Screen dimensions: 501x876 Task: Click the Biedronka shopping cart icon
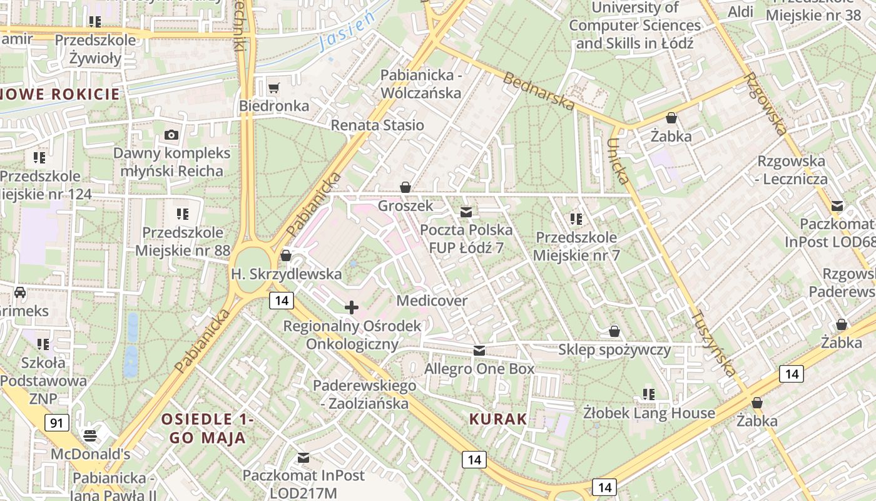pyautogui.click(x=273, y=87)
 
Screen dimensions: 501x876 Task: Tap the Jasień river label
pyautogui.click(x=346, y=32)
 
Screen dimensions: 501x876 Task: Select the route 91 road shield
pyautogui.click(x=56, y=423)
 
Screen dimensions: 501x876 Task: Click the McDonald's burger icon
pyautogui.click(x=91, y=435)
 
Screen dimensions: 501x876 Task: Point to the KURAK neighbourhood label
pyautogui.click(x=499, y=419)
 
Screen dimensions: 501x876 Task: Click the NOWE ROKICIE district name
pyautogui.click(x=59, y=95)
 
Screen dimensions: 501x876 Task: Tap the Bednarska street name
pyautogui.click(x=538, y=91)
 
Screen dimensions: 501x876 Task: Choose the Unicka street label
pyautogui.click(x=618, y=161)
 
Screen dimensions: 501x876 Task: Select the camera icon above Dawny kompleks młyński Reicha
pyautogui.click(x=171, y=135)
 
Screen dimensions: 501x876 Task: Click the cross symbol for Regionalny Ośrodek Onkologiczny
pyautogui.click(x=352, y=307)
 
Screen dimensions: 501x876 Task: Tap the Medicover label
pyautogui.click(x=432, y=301)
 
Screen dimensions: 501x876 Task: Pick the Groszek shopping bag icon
pyautogui.click(x=405, y=187)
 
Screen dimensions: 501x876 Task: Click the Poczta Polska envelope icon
pyautogui.click(x=466, y=212)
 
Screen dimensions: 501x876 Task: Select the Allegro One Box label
pyautogui.click(x=479, y=368)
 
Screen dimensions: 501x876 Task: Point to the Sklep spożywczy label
pyautogui.click(x=614, y=349)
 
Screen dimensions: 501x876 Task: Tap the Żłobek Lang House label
pyautogui.click(x=649, y=413)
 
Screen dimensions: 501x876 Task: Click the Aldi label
pyautogui.click(x=740, y=12)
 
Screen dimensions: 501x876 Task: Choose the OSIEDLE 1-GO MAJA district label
pyautogui.click(x=208, y=428)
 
